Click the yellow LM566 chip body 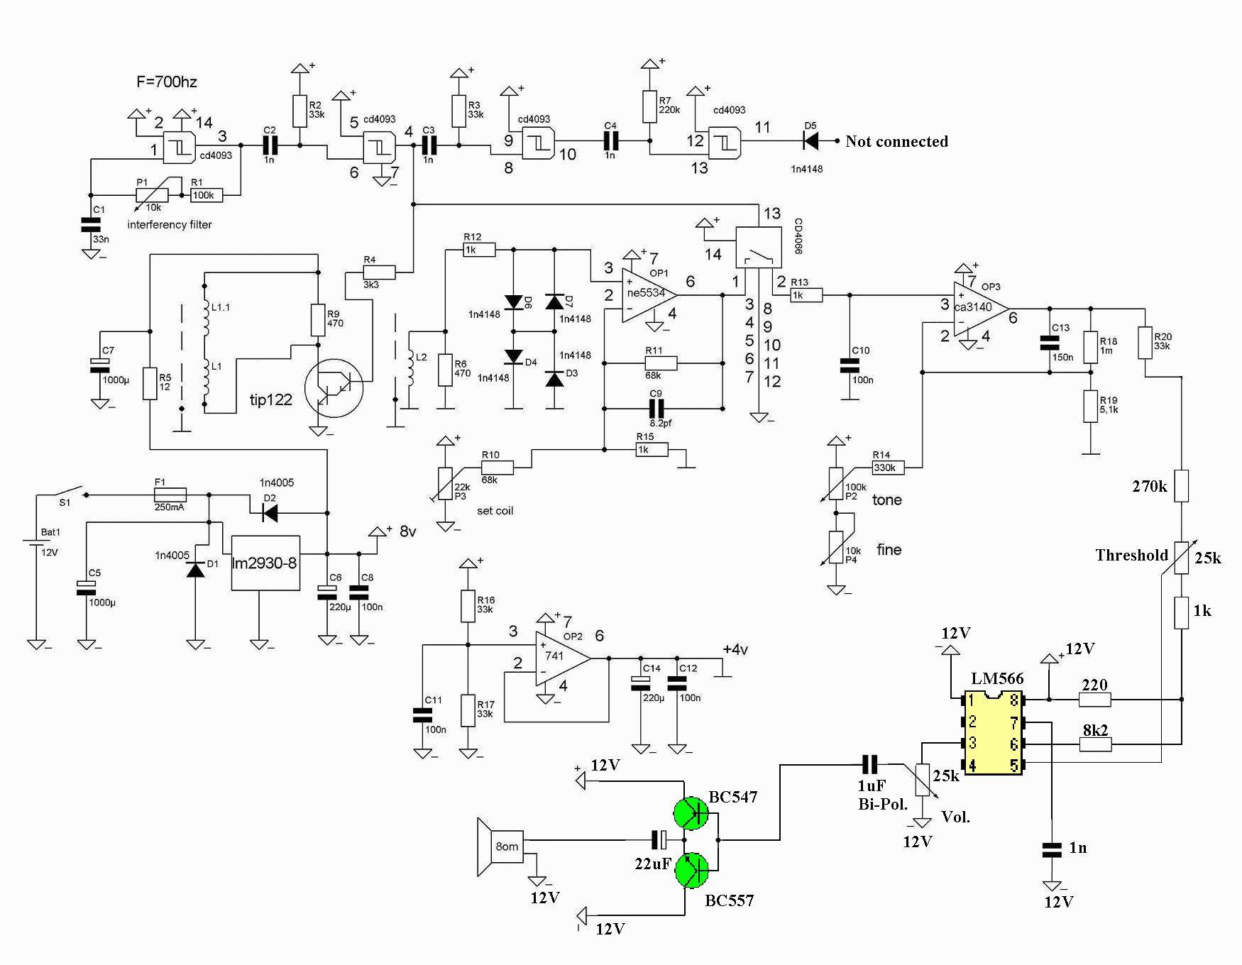(x=993, y=732)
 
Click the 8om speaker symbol (x=501, y=847)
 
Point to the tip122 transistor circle (x=334, y=387)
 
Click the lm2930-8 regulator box (x=265, y=563)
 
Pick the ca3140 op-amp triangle (x=982, y=309)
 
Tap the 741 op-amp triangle (x=563, y=658)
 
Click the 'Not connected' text (x=896, y=141)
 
